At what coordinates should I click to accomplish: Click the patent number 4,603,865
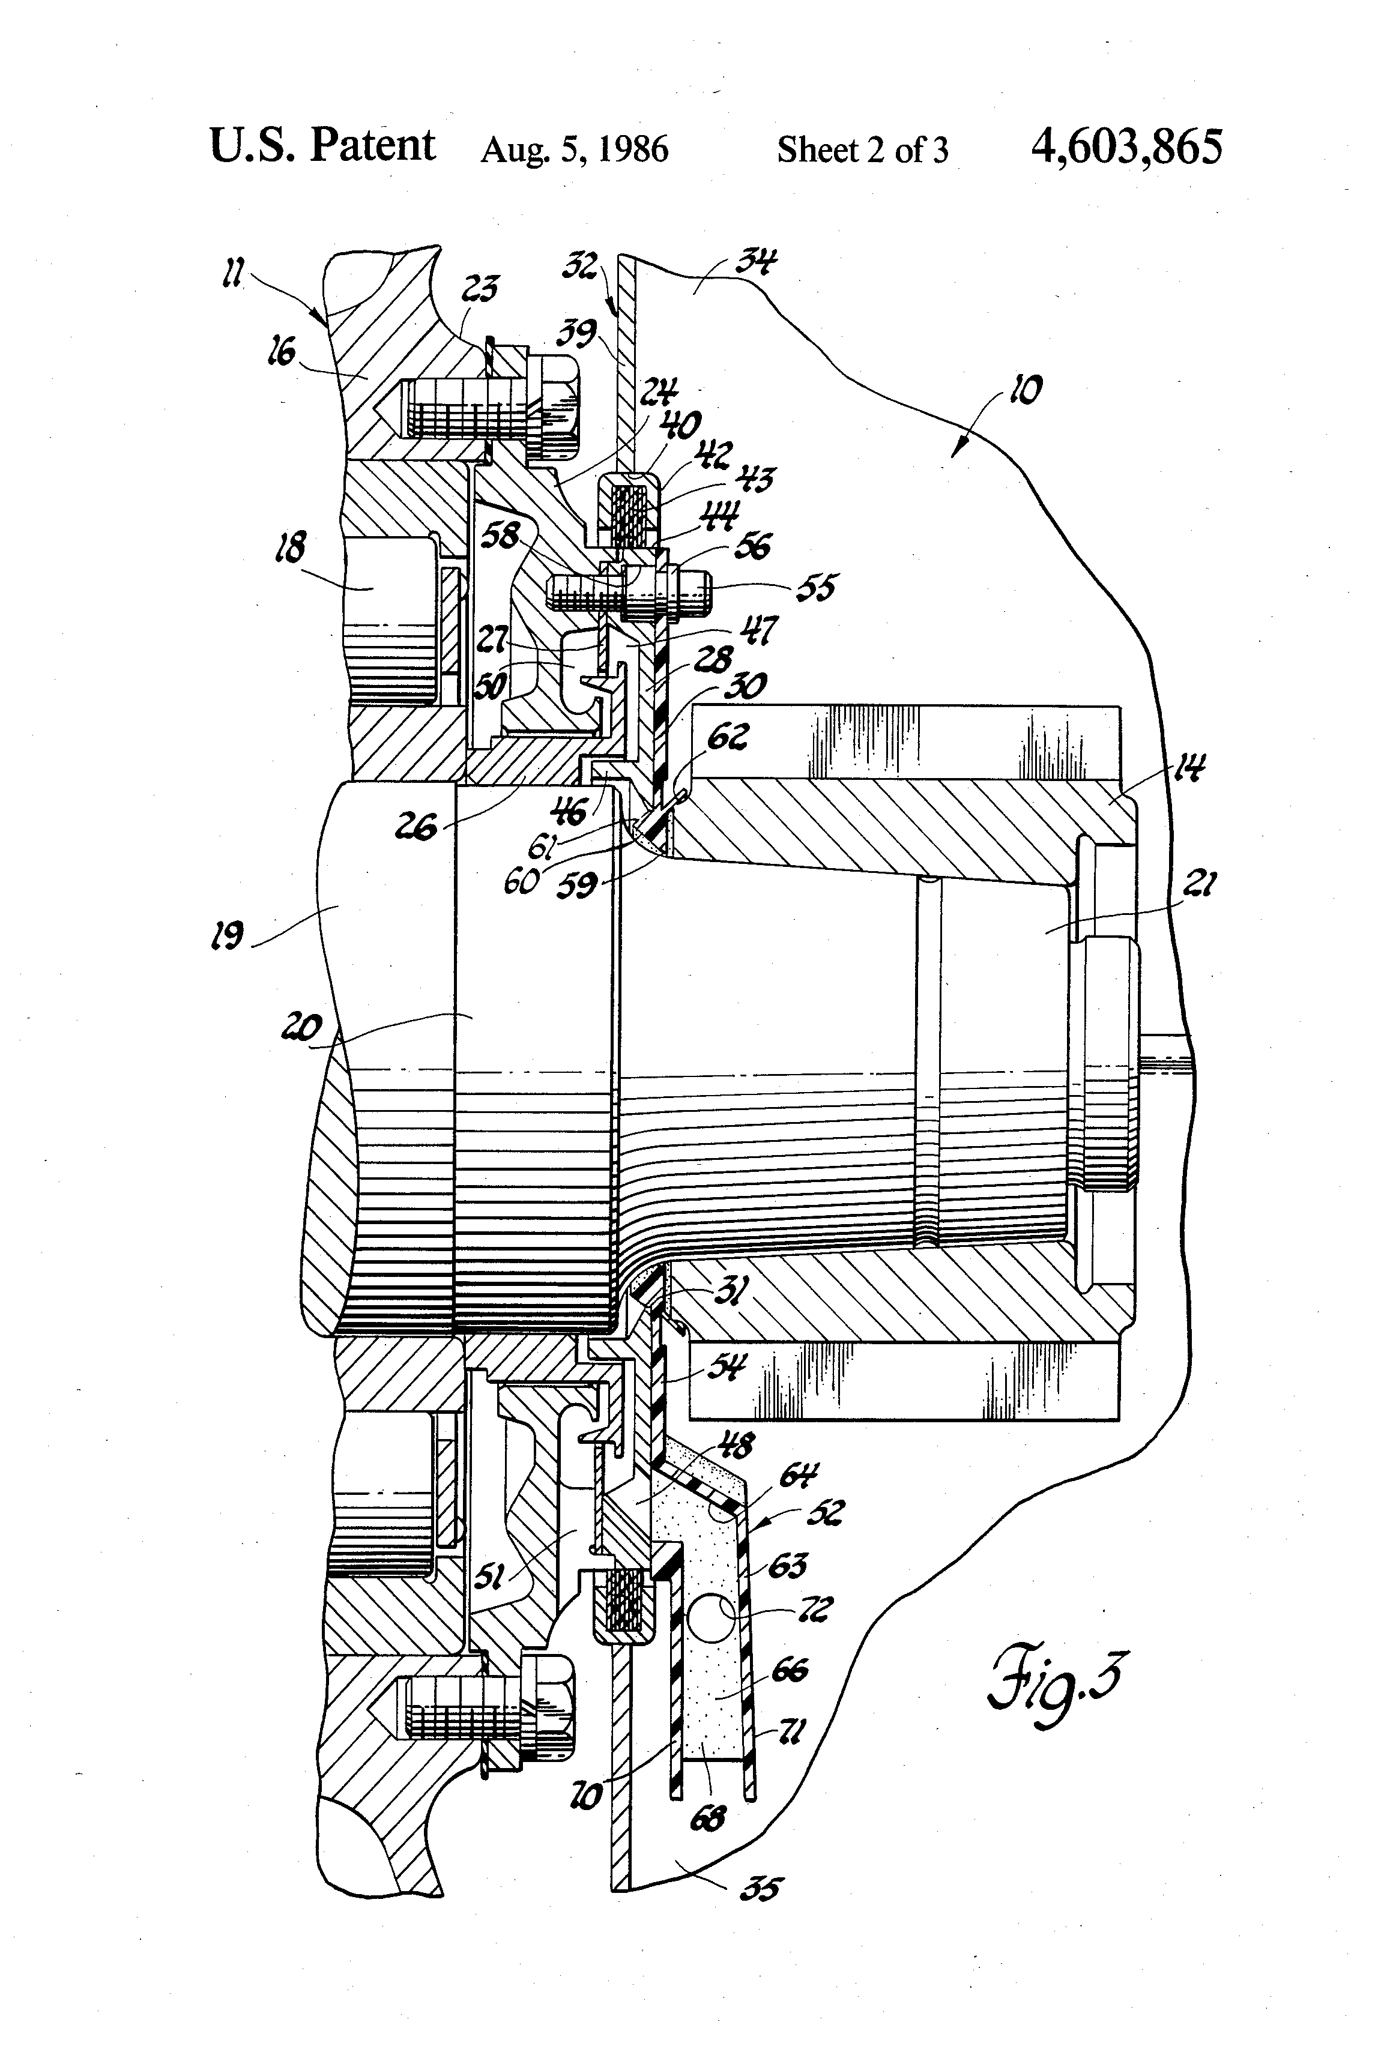coord(1126,147)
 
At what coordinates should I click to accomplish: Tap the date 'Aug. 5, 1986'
coord(574,149)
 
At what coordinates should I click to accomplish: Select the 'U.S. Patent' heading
coord(322,145)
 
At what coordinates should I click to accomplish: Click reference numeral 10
coord(1026,389)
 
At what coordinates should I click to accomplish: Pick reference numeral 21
coord(1198,884)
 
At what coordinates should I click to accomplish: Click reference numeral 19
coord(227,935)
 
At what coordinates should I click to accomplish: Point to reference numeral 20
coord(302,1027)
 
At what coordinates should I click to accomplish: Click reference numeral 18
coord(291,548)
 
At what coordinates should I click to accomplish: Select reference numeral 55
coord(815,588)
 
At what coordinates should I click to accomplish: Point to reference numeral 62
coord(727,736)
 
